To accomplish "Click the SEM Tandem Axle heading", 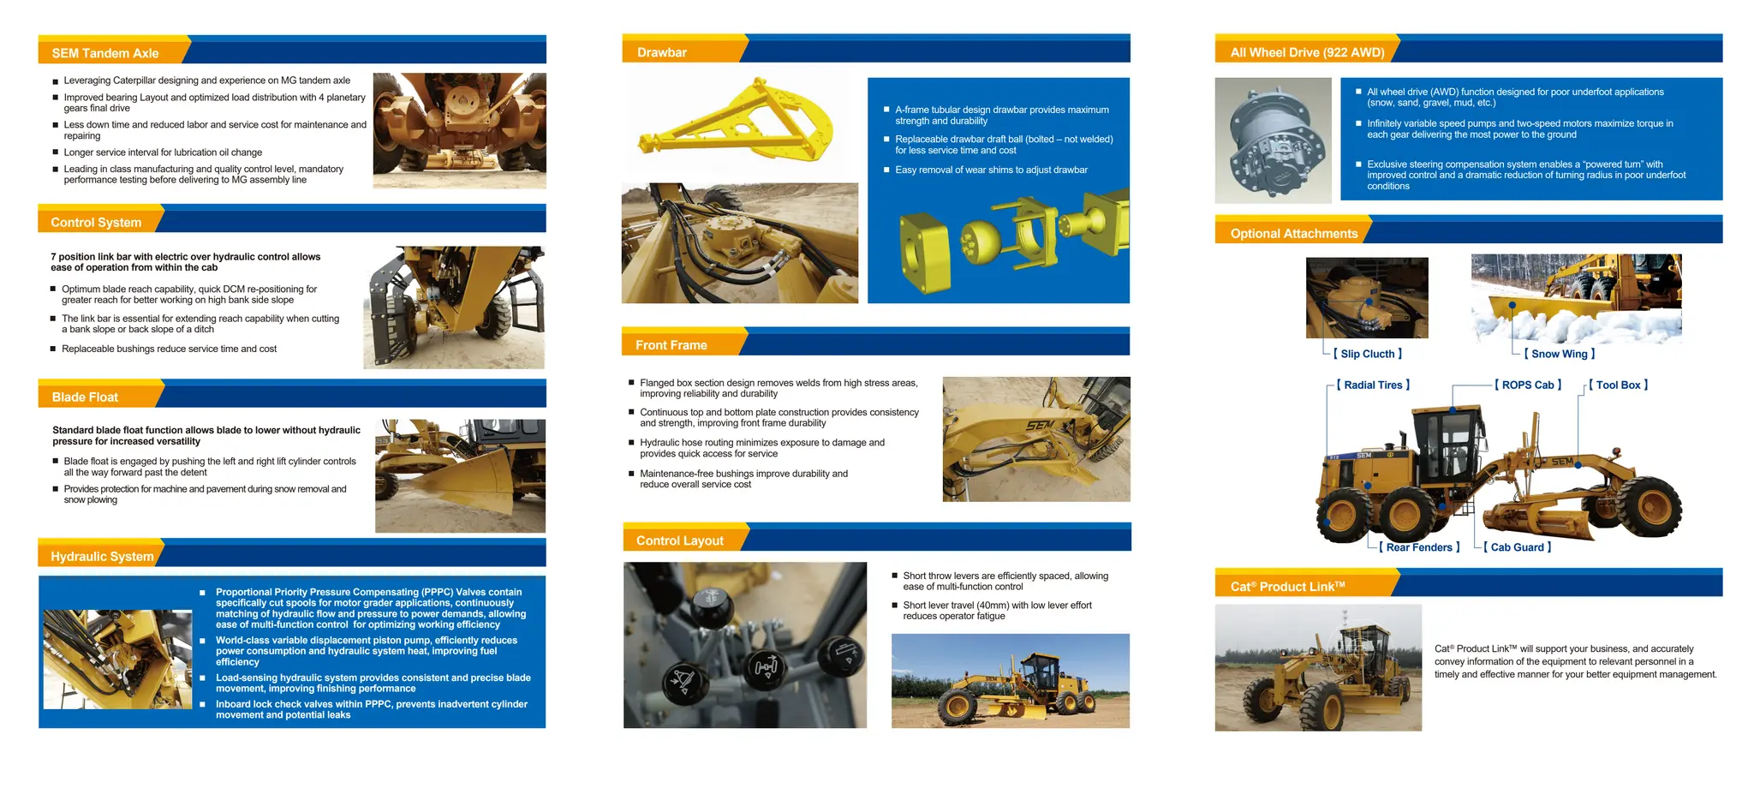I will click(x=105, y=53).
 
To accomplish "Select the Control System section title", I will click(x=96, y=223).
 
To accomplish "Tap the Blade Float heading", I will click(x=85, y=397).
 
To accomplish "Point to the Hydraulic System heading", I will click(x=102, y=557).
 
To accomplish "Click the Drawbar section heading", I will click(x=661, y=52).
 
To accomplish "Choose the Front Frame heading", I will click(x=671, y=345).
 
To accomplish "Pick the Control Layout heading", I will click(x=679, y=540).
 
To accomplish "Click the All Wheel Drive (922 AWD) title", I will click(x=1307, y=52).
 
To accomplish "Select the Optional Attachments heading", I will click(x=1293, y=234).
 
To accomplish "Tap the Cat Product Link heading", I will click(x=1287, y=587).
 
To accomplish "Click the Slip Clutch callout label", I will click(x=1368, y=354).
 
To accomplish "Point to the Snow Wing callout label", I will click(x=1560, y=354).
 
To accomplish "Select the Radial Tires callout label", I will click(x=1373, y=385).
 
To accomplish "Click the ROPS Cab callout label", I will click(x=1528, y=385).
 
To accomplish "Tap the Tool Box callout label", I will click(x=1618, y=385).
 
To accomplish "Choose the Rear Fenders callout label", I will click(x=1419, y=547).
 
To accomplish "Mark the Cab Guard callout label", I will click(x=1517, y=547).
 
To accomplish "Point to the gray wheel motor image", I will click(x=1273, y=140).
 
